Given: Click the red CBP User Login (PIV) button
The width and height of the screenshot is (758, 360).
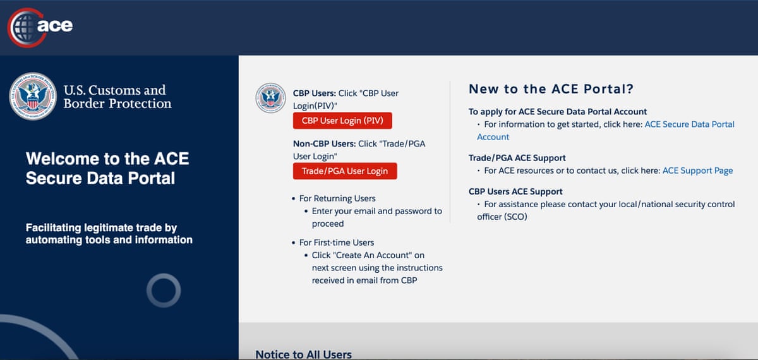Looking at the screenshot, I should tap(342, 121).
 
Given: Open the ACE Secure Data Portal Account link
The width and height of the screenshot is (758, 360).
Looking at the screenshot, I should tap(689, 124).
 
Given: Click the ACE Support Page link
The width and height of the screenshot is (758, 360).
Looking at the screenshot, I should tap(697, 171).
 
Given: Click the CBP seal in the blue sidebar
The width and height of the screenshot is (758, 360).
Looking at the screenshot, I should tap(33, 96).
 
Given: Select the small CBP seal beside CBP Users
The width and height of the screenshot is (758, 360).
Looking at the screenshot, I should tap(271, 99).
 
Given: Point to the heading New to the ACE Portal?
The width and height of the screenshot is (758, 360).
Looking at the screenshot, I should tap(551, 89).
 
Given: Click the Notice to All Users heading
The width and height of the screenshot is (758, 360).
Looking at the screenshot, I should tap(303, 354).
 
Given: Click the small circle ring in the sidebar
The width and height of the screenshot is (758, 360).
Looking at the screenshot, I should tap(164, 291).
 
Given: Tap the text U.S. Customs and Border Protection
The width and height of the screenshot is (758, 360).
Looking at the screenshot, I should tap(117, 97).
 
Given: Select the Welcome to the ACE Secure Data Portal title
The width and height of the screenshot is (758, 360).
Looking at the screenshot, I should tap(107, 168).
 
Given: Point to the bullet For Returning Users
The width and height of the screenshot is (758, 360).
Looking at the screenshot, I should tap(337, 198).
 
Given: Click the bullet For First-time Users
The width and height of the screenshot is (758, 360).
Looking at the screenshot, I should tap(336, 243).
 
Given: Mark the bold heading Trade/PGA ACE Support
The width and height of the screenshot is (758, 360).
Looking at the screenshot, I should tap(517, 158).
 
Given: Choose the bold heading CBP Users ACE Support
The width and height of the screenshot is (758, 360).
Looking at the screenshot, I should tap(515, 191).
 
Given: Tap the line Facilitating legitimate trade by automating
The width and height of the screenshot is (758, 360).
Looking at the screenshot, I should tap(109, 234).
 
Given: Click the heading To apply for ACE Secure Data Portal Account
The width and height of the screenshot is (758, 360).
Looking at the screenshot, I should tap(557, 112).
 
